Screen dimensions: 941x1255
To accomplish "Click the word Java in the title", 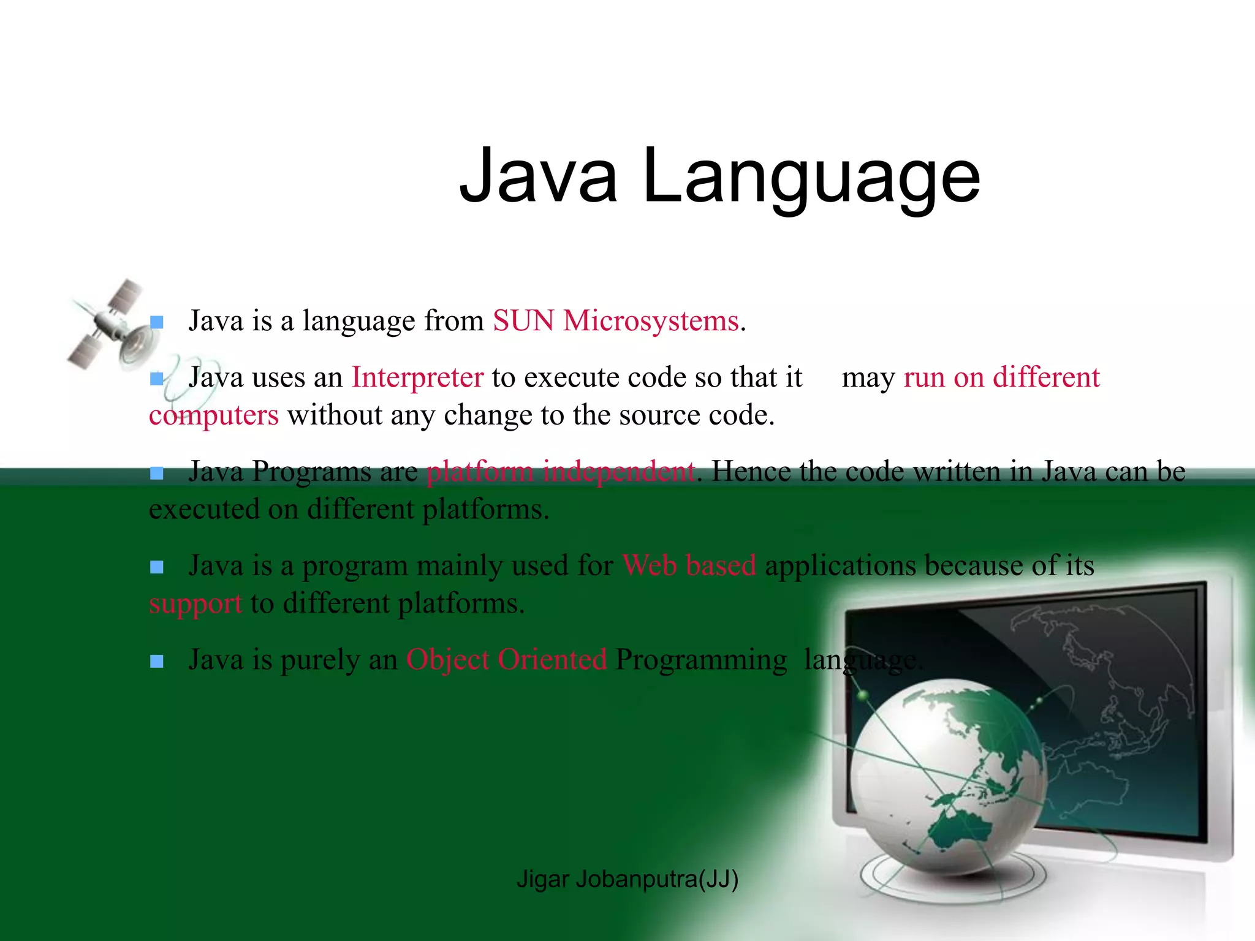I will [538, 176].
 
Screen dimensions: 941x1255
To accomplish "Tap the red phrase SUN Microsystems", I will [615, 321].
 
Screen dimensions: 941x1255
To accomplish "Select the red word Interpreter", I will [417, 377].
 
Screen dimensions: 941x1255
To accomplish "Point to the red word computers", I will [214, 415].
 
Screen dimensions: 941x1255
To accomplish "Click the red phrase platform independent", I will [561, 472].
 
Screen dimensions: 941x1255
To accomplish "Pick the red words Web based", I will [689, 565].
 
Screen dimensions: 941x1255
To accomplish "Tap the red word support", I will [195, 603].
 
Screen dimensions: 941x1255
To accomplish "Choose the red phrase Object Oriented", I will [506, 660].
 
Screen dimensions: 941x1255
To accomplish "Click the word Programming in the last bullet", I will [701, 660].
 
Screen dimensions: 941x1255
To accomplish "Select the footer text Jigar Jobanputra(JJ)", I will [627, 879].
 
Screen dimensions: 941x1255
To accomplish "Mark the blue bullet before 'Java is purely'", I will [157, 661].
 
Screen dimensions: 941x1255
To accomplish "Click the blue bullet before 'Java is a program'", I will [157, 567].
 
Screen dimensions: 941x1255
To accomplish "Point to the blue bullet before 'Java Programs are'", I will [157, 473].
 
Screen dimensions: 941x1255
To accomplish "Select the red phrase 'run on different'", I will [1001, 377].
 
